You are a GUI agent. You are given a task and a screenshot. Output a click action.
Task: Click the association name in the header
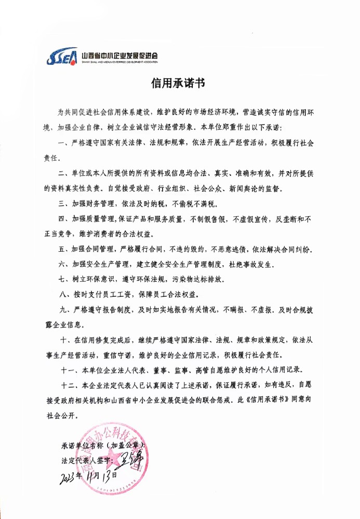coord(120,53)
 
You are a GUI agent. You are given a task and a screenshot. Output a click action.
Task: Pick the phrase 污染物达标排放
coord(196,279)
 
